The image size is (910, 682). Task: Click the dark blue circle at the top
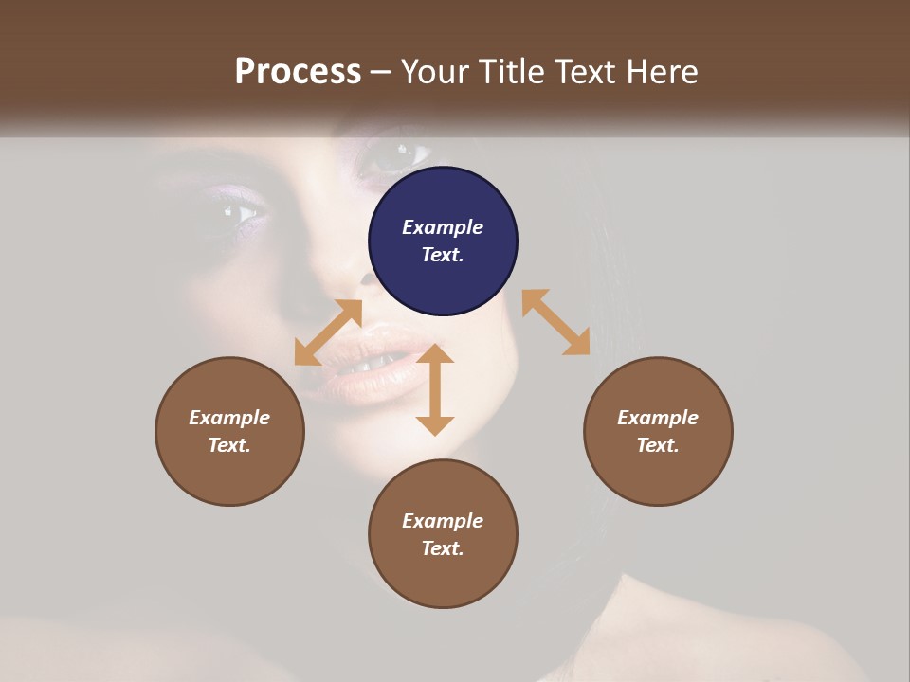tap(443, 241)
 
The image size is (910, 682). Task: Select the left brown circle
tap(229, 431)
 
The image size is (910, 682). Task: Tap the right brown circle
tap(658, 431)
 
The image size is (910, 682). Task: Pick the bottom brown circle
tap(443, 534)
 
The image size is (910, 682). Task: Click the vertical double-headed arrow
tap(435, 389)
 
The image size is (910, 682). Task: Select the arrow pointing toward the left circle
tap(328, 332)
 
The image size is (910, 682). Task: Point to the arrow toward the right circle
tap(555, 322)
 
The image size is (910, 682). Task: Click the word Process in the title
tap(298, 72)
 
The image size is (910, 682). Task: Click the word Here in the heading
tap(663, 72)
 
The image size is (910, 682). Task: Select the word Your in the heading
tap(433, 72)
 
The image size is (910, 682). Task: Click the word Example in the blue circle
tap(443, 227)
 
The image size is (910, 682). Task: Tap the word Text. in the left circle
tap(229, 445)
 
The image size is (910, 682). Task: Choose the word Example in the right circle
tap(658, 418)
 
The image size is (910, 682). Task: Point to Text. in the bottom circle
tap(443, 548)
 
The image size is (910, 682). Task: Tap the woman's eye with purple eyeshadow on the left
tap(243, 212)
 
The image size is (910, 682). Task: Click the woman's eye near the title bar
tap(396, 154)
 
